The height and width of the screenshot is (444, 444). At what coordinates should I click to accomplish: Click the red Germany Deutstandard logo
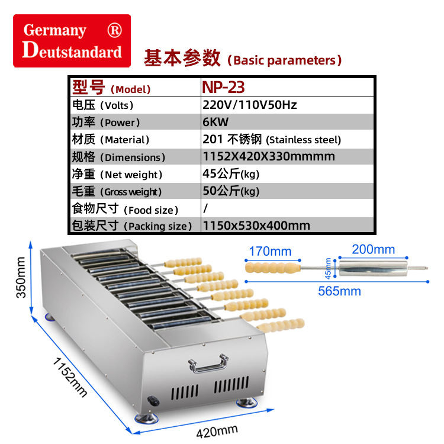pyautogui.click(x=72, y=41)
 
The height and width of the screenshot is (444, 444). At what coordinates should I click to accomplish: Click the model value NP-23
pyautogui.click(x=223, y=87)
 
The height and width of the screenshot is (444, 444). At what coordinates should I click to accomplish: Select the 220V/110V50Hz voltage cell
pyautogui.click(x=249, y=105)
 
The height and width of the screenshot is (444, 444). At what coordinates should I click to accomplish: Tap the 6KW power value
pyautogui.click(x=215, y=122)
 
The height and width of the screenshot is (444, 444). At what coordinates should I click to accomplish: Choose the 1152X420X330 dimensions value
pyautogui.click(x=268, y=157)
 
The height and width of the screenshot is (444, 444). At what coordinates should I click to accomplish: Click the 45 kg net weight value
pyautogui.click(x=231, y=174)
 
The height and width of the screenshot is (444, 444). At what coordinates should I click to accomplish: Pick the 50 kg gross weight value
pyautogui.click(x=231, y=191)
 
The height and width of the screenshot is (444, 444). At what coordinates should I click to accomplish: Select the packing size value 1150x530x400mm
pyautogui.click(x=256, y=226)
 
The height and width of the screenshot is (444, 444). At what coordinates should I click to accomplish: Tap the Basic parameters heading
pyautogui.click(x=243, y=59)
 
